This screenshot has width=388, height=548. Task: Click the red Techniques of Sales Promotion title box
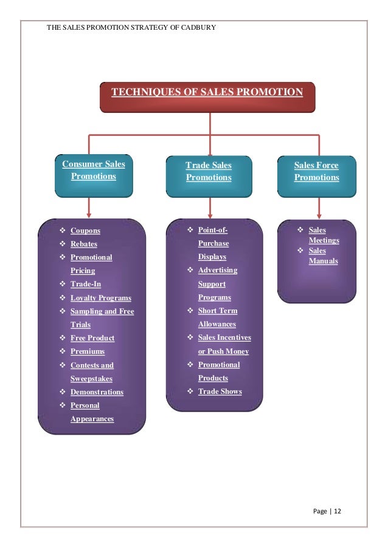(x=207, y=96)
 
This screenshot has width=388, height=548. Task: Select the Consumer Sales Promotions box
(x=93, y=175)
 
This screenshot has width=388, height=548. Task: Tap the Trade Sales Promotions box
(x=209, y=175)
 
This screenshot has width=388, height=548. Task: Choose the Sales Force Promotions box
(x=316, y=175)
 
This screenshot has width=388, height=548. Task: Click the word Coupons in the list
(x=85, y=231)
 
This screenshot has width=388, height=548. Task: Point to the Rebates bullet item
(x=84, y=244)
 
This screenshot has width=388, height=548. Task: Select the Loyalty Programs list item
(x=100, y=298)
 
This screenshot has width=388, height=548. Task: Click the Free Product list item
(x=92, y=338)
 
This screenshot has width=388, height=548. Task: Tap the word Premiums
(x=88, y=351)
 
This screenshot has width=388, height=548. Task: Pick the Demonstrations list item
(x=97, y=392)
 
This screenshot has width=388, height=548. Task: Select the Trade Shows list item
(x=220, y=391)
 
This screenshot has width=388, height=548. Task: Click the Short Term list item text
(x=218, y=311)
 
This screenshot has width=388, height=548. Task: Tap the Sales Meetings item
(x=324, y=235)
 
